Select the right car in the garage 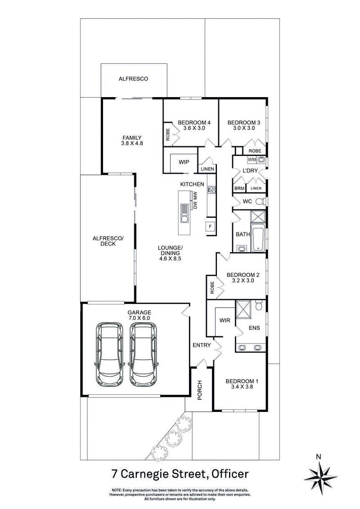pos(144,354)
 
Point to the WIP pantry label pos(184,162)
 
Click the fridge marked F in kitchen pos(210,227)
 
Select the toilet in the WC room pos(263,201)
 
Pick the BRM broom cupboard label pos(238,188)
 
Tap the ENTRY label pos(202,345)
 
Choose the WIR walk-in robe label pos(225,321)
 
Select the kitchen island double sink pos(184,214)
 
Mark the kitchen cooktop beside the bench pos(211,190)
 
